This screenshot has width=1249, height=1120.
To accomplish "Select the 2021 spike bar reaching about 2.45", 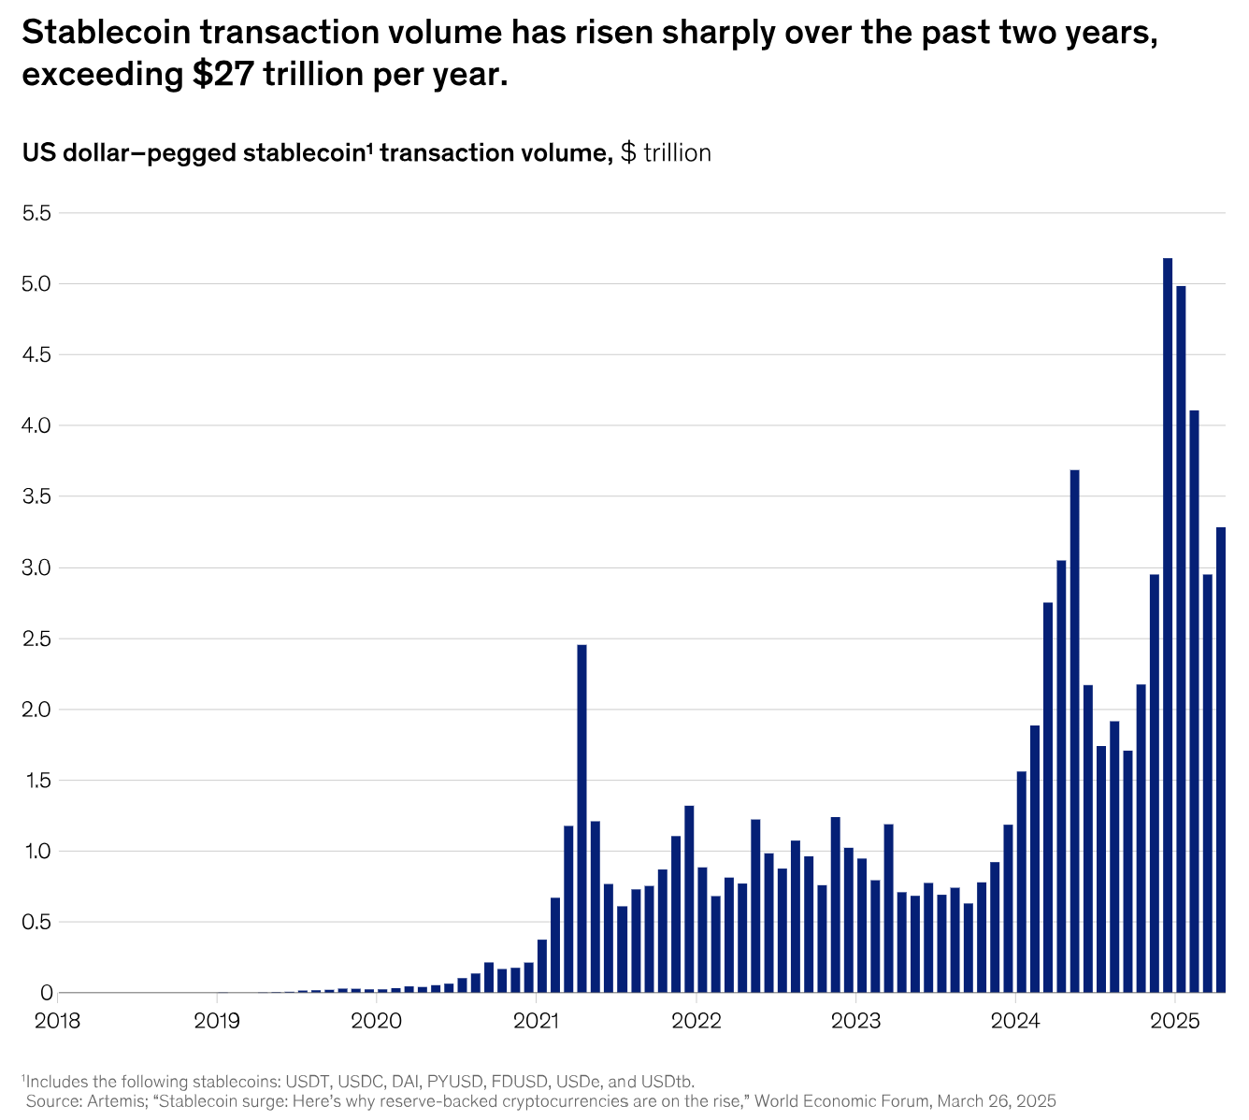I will (x=581, y=818).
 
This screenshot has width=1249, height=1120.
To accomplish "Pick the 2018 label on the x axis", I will (x=58, y=1019).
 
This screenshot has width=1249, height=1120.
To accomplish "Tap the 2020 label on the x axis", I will (x=377, y=1019).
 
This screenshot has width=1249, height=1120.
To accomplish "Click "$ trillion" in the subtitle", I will (x=666, y=153).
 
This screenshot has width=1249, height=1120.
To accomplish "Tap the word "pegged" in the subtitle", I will (x=201, y=153).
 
